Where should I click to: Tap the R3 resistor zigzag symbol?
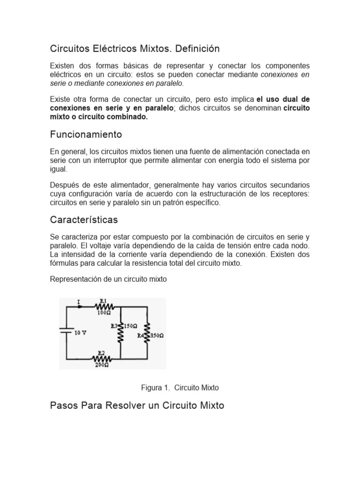point(121,334)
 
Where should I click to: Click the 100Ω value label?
point(104,313)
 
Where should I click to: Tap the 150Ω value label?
point(131,325)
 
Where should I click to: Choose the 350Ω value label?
point(157,336)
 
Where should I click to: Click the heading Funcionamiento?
point(86,135)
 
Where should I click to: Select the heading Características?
point(84,219)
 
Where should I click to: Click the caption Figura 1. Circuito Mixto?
point(180,388)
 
